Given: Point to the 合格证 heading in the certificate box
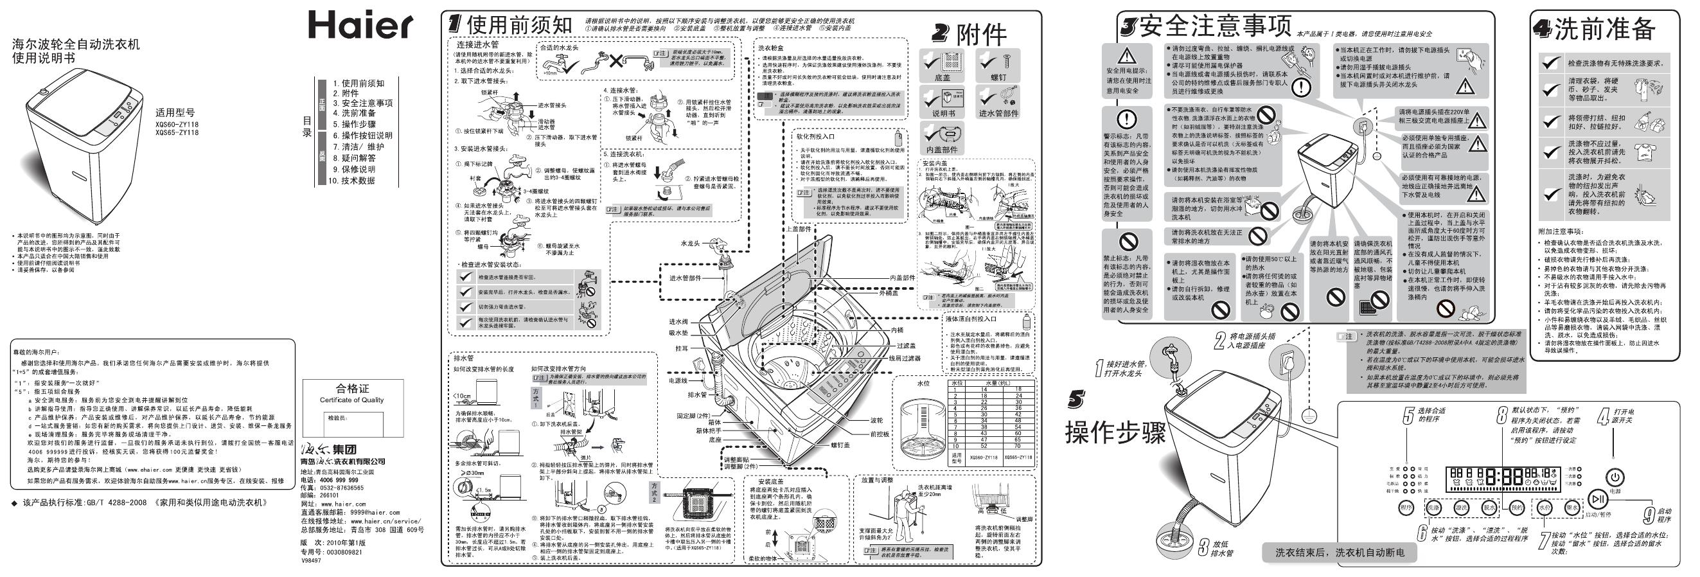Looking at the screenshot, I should tap(353, 389).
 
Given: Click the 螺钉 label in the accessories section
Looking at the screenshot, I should tap(998, 77).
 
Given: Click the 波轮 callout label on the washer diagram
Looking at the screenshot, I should tap(876, 420).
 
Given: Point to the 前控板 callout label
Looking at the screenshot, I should tap(880, 434).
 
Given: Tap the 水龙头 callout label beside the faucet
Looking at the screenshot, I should tap(690, 244).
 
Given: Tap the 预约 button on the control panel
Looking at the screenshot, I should tap(1511, 508).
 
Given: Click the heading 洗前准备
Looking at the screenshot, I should tap(1603, 29).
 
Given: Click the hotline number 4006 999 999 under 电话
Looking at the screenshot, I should tap(339, 480).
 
